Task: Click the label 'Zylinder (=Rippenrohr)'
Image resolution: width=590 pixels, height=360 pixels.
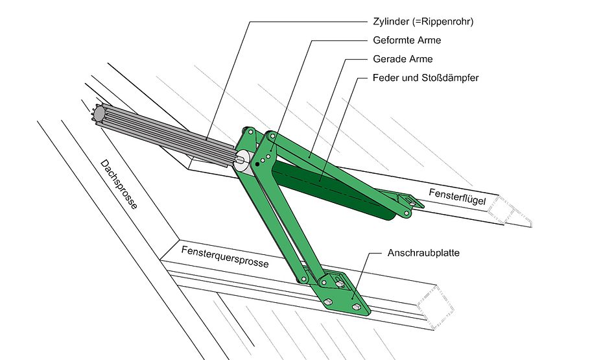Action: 422,21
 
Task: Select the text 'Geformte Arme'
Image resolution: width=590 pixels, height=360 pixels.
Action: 407,40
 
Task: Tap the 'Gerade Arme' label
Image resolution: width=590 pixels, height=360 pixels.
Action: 403,59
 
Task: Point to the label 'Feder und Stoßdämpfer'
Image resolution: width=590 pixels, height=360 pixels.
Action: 425,78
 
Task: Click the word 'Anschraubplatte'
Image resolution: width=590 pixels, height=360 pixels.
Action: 423,253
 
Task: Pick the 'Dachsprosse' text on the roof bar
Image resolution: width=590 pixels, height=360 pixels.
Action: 119,185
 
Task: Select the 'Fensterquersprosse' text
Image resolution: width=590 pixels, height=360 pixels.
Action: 225,257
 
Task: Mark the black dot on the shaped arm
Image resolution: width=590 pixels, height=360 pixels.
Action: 257,165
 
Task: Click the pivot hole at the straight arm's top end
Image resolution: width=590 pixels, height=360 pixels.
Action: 272,137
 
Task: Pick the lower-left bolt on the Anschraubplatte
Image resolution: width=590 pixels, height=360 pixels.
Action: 328,301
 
